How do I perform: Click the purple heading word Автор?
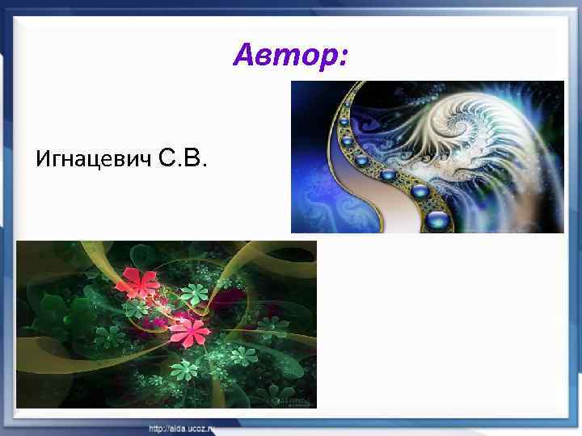point(287,56)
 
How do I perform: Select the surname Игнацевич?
point(94,160)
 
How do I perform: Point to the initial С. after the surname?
point(168,158)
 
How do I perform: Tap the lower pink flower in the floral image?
point(191,330)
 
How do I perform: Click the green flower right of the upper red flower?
point(193,292)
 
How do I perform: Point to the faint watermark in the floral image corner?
point(288,399)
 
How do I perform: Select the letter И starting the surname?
point(43,160)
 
